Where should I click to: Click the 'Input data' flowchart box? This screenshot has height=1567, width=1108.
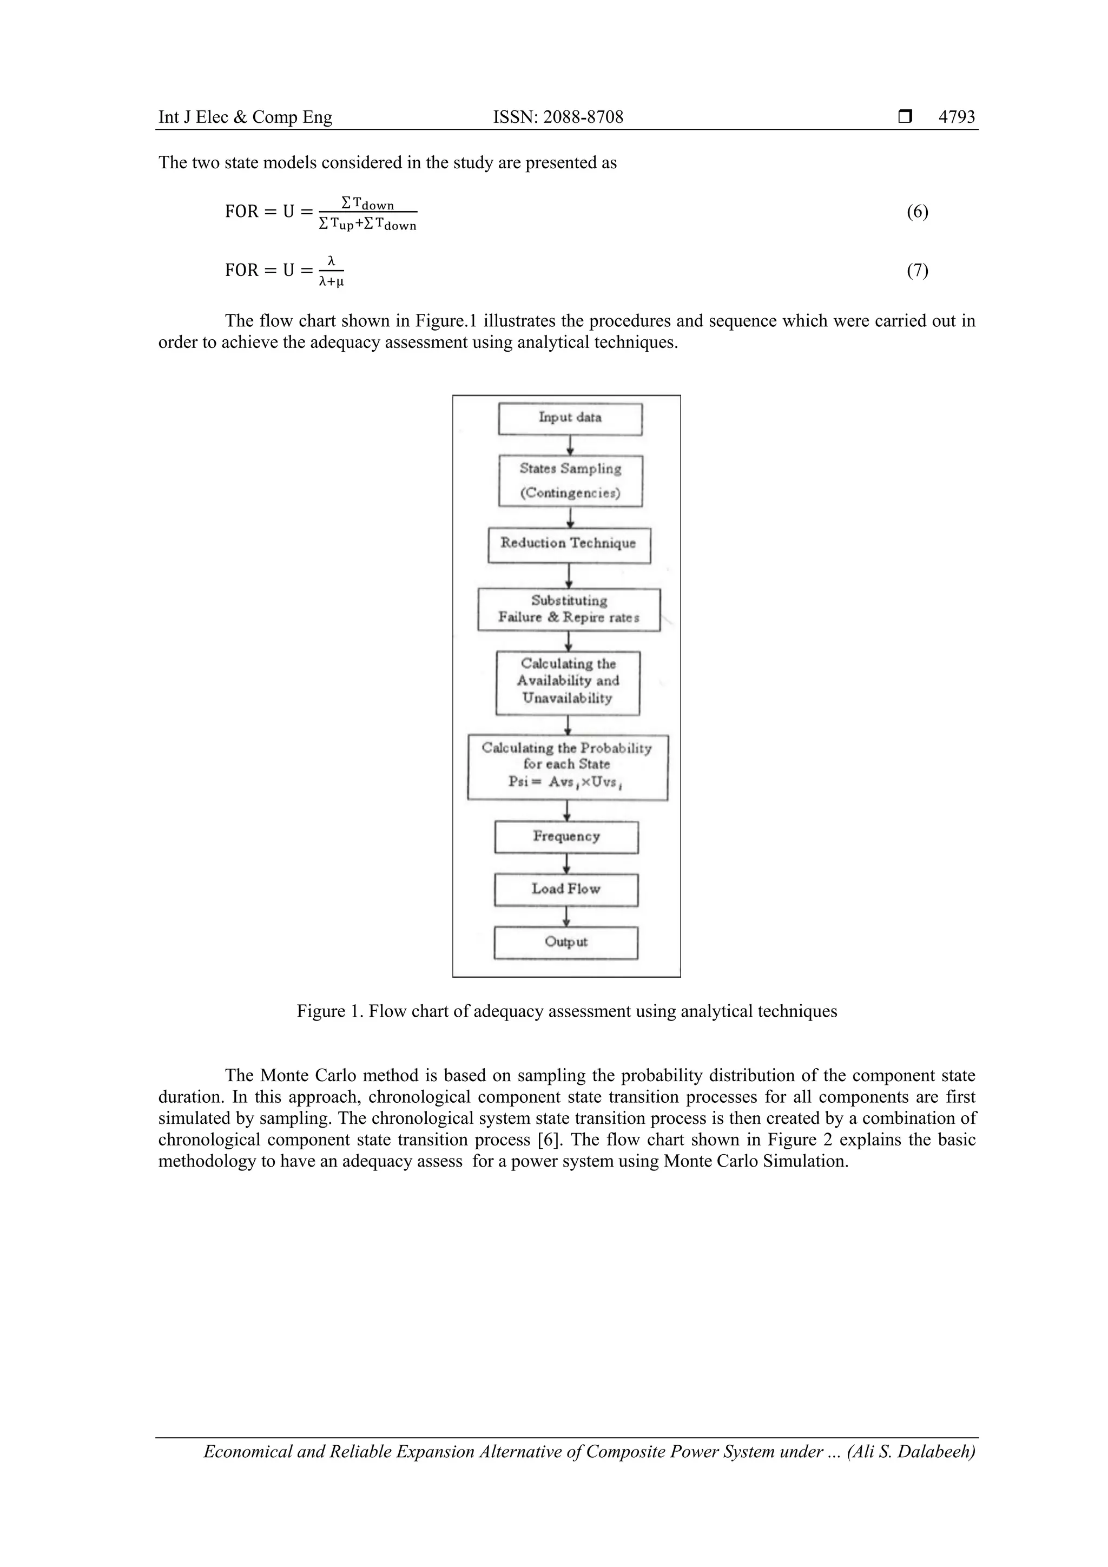click(570, 418)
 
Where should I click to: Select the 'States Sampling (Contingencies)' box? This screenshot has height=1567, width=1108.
click(570, 480)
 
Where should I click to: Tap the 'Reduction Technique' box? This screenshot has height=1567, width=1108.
click(569, 545)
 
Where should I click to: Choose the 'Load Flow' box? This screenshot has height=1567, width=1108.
click(566, 890)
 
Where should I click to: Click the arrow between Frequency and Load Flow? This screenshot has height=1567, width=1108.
click(566, 864)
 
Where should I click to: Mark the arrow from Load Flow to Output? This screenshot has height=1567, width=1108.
click(566, 917)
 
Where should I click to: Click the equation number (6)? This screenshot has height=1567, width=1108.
click(917, 212)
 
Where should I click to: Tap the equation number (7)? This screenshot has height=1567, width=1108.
click(917, 271)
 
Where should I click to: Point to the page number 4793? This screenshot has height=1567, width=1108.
click(957, 117)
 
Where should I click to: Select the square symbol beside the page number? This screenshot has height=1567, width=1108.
click(905, 117)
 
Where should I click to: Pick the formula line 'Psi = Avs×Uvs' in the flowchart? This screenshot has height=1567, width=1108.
click(566, 782)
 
